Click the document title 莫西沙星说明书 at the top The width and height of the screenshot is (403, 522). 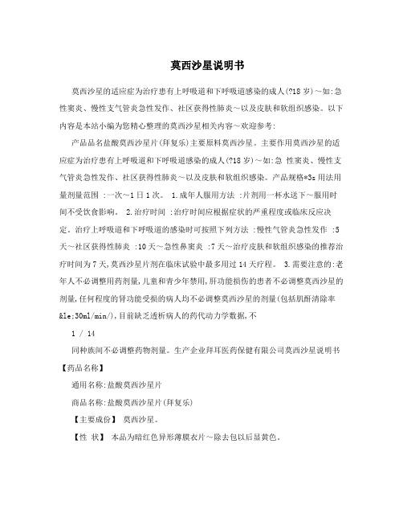point(201,64)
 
